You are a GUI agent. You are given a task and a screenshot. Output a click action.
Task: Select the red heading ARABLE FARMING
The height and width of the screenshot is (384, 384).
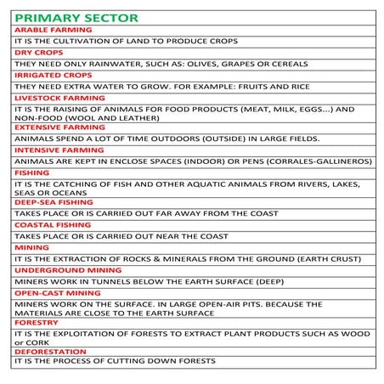tap(53, 30)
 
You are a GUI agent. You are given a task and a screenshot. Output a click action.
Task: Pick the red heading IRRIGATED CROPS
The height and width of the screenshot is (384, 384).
tap(54, 75)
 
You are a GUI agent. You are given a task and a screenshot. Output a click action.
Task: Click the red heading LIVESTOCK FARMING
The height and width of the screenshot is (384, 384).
tap(60, 98)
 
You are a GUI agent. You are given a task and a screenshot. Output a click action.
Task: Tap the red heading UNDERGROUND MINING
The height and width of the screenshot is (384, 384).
tap(67, 269)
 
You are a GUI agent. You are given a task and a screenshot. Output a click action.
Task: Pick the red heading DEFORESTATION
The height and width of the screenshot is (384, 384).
tap(50, 351)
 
